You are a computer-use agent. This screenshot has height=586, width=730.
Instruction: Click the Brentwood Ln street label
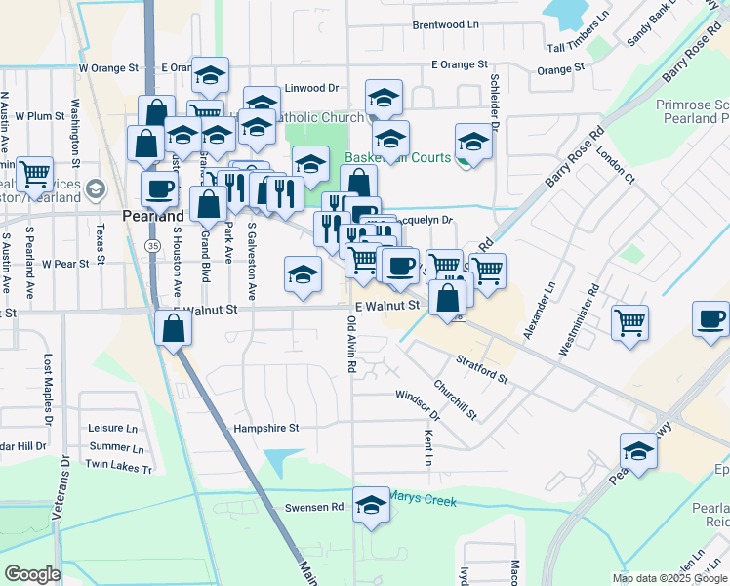click(446, 24)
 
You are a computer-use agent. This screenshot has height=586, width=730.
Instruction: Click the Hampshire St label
click(265, 428)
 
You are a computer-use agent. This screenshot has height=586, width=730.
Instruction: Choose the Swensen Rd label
click(314, 507)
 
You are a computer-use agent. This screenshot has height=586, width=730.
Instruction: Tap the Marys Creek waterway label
click(423, 499)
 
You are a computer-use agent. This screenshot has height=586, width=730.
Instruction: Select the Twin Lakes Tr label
click(120, 468)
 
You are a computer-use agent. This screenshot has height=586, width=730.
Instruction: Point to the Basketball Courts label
click(397, 157)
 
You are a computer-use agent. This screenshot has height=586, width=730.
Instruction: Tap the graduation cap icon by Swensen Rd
click(371, 505)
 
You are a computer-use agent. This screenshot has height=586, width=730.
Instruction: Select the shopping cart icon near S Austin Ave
click(35, 175)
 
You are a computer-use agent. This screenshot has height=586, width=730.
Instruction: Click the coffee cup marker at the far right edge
click(710, 319)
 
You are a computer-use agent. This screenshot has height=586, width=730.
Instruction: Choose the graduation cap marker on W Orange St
click(210, 74)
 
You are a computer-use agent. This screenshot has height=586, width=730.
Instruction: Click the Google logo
click(32, 574)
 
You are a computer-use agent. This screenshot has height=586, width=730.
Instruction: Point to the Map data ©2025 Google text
click(669, 578)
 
